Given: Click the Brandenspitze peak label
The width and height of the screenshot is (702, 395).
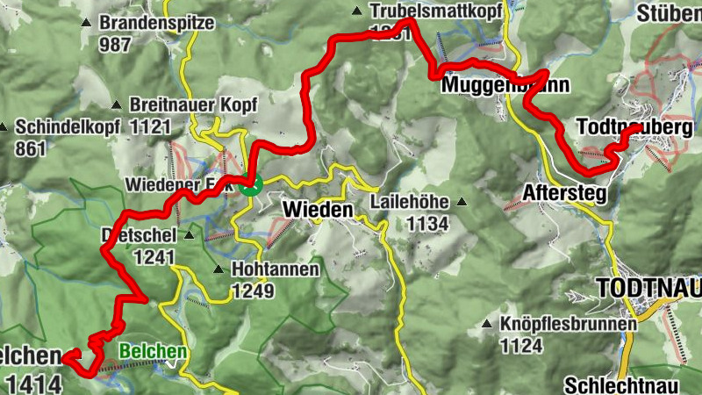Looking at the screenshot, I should [x=157, y=23].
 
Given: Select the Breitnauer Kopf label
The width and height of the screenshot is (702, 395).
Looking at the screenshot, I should [x=193, y=104].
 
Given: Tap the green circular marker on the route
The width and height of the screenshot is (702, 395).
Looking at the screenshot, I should [x=250, y=184].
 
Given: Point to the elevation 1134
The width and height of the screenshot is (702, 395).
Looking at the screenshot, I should [x=427, y=224].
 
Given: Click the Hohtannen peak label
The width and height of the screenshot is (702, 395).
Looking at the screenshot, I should [x=275, y=269].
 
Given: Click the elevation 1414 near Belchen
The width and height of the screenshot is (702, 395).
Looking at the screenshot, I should [x=34, y=383].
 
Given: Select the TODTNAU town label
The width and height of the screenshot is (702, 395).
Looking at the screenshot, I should [x=648, y=288].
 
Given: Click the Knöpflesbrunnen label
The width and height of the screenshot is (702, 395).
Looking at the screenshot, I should [x=568, y=325].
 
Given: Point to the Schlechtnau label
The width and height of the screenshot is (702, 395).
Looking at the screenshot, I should [x=632, y=384].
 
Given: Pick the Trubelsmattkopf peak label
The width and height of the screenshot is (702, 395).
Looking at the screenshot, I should [x=435, y=11].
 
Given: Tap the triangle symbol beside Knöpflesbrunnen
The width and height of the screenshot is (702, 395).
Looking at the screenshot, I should [x=487, y=325].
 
